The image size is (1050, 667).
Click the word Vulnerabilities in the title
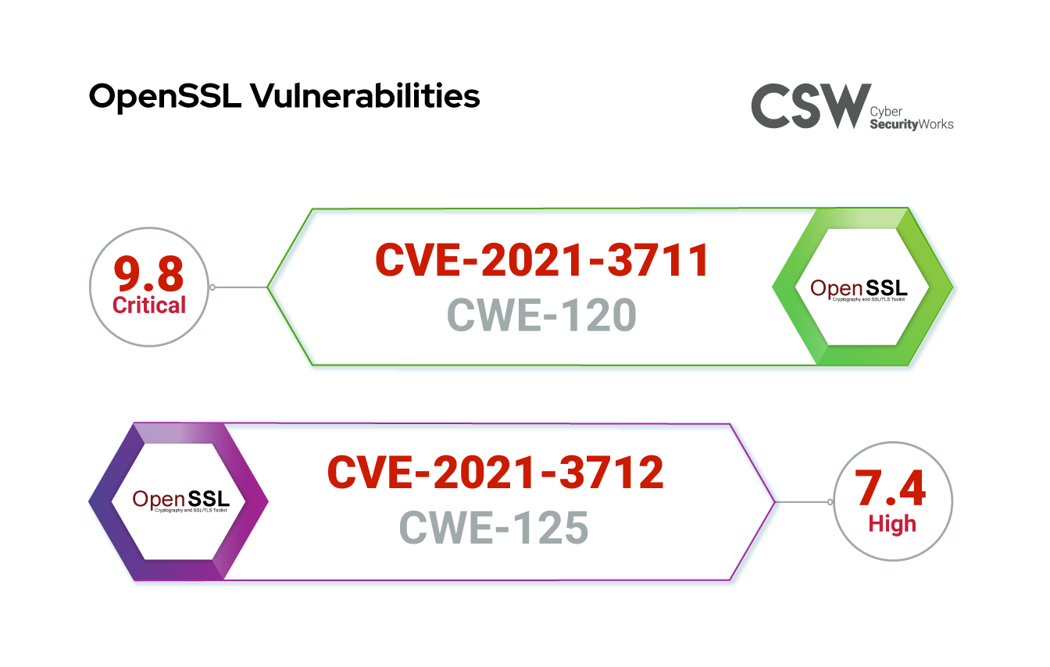tap(364, 97)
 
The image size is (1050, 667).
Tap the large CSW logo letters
tap(810, 106)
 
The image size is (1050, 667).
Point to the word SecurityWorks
tap(912, 124)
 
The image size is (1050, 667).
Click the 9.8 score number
tap(149, 273)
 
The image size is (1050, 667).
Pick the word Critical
tap(149, 305)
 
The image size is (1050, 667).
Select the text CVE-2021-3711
tap(541, 260)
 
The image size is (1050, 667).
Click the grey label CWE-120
tap(541, 316)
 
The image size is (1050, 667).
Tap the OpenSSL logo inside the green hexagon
tap(862, 289)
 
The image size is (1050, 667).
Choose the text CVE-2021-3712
tap(495, 473)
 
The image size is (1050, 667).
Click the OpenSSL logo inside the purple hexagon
tap(180, 500)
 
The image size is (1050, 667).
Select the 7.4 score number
tap(891, 489)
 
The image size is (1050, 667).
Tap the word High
tap(892, 523)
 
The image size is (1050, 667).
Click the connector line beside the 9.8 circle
tap(241, 287)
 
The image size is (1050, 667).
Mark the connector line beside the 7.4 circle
tap(802, 501)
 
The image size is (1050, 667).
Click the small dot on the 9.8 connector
tap(212, 287)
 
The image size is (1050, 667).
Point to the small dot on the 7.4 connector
tap(830, 501)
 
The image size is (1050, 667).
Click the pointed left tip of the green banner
tap(269, 287)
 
